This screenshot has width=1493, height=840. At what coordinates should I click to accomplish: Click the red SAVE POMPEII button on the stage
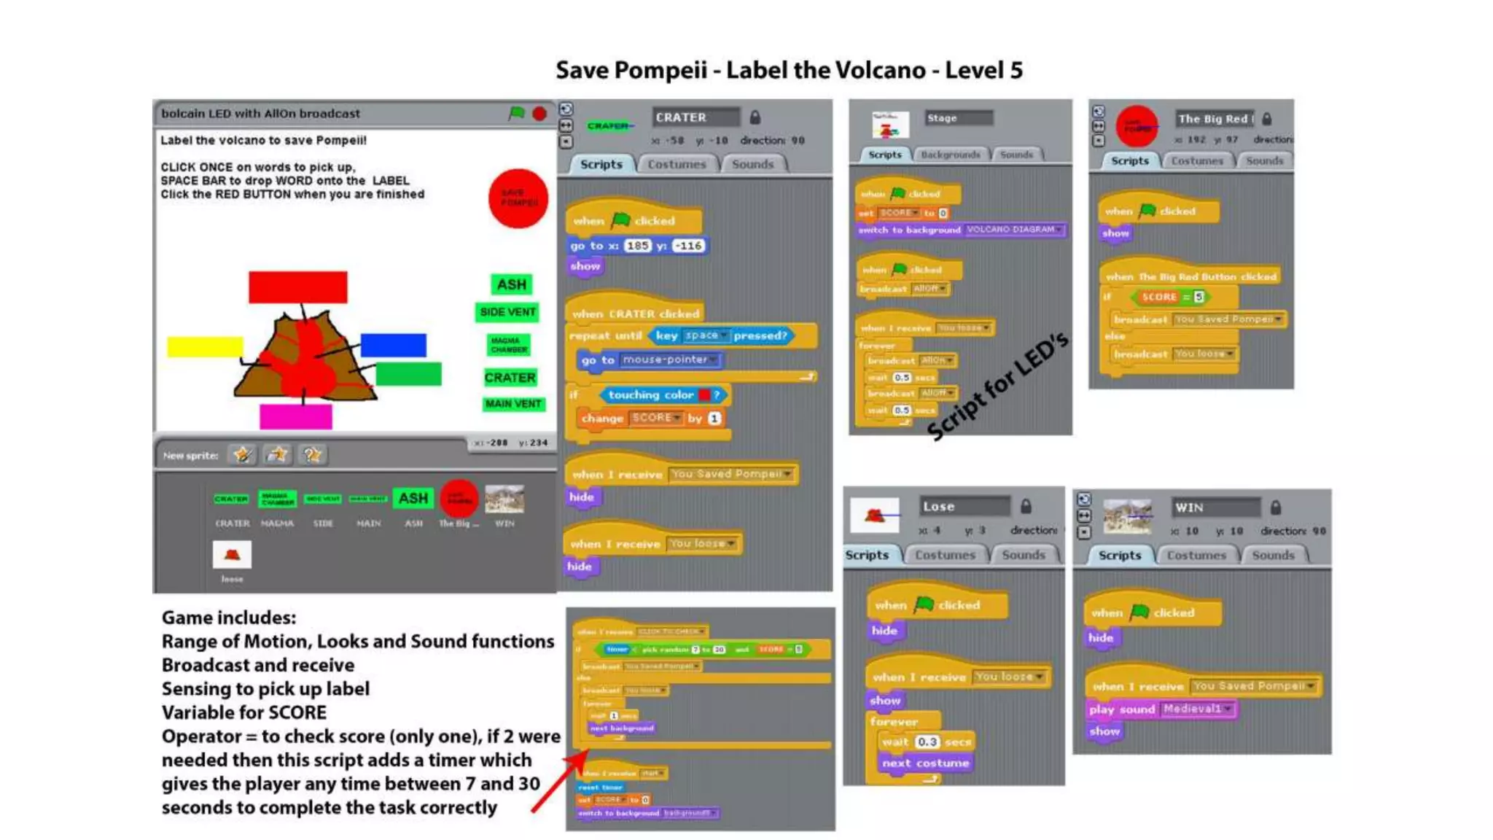pos(518,198)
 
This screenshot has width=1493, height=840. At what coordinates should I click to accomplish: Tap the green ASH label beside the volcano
pos(511,284)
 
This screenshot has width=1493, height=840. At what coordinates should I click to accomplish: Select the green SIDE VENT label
pos(507,312)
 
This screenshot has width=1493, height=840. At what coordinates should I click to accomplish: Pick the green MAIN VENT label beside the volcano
pos(513,404)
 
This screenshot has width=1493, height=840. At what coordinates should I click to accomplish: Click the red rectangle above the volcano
pos(297,287)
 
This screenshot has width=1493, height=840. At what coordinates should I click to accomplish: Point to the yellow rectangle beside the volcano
pos(205,346)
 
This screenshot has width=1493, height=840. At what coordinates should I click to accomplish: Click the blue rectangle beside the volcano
pos(393,345)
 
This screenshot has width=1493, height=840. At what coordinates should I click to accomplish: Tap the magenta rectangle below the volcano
pos(295,417)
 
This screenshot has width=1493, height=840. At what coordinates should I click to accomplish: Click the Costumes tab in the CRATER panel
pos(677,164)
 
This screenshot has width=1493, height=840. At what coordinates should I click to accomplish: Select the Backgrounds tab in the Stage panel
pos(950,155)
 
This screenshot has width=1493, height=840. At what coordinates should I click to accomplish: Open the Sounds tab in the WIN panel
pos(1273,555)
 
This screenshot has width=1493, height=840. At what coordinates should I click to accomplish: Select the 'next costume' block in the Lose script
pos(925,763)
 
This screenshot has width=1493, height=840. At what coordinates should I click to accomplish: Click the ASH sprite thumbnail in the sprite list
pos(413,499)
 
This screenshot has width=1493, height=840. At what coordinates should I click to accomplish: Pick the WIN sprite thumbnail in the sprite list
pos(504,499)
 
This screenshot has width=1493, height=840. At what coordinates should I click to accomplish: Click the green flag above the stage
pos(517,113)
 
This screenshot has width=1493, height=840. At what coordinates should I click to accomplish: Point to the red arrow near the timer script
pos(558,784)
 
